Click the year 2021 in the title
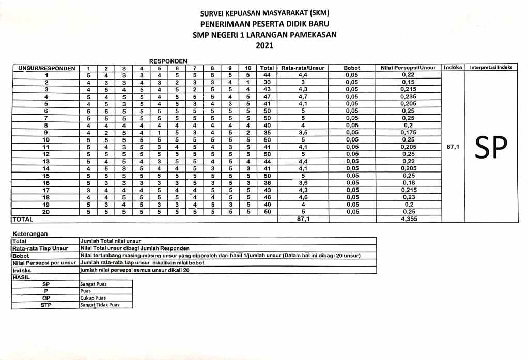click(x=264, y=45)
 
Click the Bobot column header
click(x=351, y=68)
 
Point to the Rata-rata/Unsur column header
click(x=303, y=68)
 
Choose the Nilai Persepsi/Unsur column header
click(x=408, y=68)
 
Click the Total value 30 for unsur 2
click(x=267, y=82)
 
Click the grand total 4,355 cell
click(x=408, y=219)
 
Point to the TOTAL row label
click(x=23, y=219)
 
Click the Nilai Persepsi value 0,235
click(x=408, y=96)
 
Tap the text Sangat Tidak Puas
click(x=99, y=305)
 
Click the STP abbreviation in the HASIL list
click(x=46, y=305)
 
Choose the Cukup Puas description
click(x=94, y=298)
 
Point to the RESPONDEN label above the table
click(x=168, y=61)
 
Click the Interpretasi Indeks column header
click(x=491, y=68)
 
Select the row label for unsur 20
click(x=46, y=211)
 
